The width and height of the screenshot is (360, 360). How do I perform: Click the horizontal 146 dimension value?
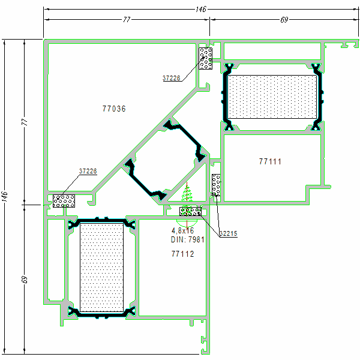pos(201,9)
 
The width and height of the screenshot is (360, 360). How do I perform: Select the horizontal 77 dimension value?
pos(127,19)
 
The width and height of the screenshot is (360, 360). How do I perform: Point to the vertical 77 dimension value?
pos(25,122)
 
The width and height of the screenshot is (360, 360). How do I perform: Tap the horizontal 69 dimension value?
pos(284,19)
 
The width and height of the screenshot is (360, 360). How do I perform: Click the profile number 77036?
pos(114,109)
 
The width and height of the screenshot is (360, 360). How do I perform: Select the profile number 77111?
pos(270,161)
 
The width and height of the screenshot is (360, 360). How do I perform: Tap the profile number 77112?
pos(182,254)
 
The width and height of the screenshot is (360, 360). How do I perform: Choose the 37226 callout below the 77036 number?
pos(88,171)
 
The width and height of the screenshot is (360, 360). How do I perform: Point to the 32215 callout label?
pos(228,233)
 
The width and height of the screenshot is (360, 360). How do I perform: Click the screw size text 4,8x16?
pos(182,230)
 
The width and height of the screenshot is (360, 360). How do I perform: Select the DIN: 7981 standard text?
pos(187,239)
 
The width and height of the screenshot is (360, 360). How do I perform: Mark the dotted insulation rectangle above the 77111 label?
pos(273,97)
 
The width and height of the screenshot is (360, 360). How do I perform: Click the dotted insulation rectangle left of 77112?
pos(102,266)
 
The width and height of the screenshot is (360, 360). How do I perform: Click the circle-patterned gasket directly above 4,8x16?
pos(190,211)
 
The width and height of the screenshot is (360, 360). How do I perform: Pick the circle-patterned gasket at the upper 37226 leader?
pos(206,58)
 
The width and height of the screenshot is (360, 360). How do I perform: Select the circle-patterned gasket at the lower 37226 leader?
pos(64,200)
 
